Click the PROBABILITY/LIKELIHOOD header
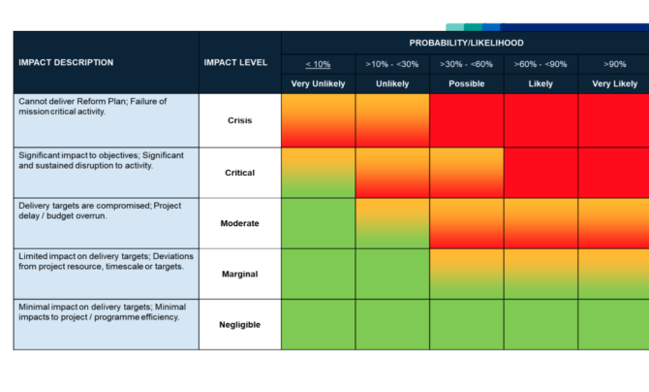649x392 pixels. [466, 43]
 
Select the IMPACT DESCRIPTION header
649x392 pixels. [66, 62]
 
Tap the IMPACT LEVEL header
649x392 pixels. [235, 62]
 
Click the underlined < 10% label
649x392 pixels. [318, 64]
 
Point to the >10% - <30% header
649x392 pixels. [392, 64]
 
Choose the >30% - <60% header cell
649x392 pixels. [466, 64]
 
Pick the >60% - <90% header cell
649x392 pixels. [541, 64]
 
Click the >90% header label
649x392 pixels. [615, 64]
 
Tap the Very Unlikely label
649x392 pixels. [318, 83]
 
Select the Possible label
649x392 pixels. [467, 83]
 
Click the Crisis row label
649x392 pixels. [239, 120]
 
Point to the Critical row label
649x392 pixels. [239, 173]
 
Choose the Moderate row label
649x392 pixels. [239, 223]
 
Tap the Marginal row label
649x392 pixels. [239, 274]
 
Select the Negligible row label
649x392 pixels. [239, 324]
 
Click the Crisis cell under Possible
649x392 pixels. [467, 120]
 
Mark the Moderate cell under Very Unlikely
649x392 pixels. [319, 223]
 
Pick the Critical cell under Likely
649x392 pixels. [541, 173]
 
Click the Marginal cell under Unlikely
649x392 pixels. [392, 274]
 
